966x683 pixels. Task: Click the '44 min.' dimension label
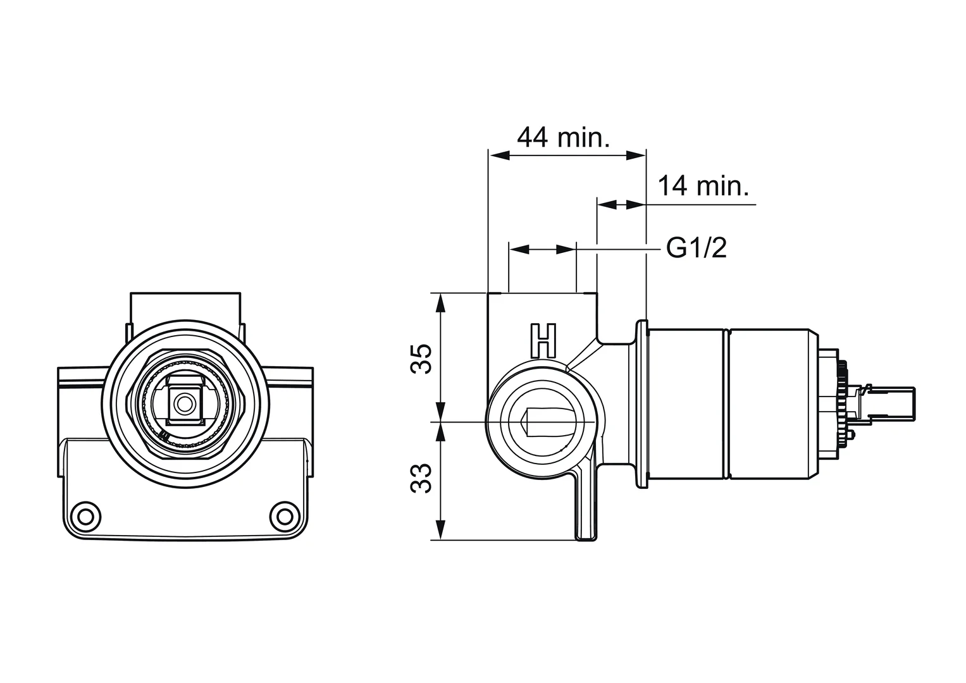click(x=563, y=137)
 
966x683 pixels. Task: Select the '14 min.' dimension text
click(x=703, y=187)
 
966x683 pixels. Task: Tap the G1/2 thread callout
click(x=697, y=249)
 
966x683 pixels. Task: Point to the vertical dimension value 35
click(x=422, y=358)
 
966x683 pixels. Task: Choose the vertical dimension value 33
click(x=422, y=479)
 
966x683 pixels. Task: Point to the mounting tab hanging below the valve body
click(x=585, y=506)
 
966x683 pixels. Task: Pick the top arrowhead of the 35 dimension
click(x=441, y=303)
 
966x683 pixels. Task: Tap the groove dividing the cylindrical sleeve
click(x=727, y=405)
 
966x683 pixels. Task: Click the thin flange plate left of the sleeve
click(x=643, y=405)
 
